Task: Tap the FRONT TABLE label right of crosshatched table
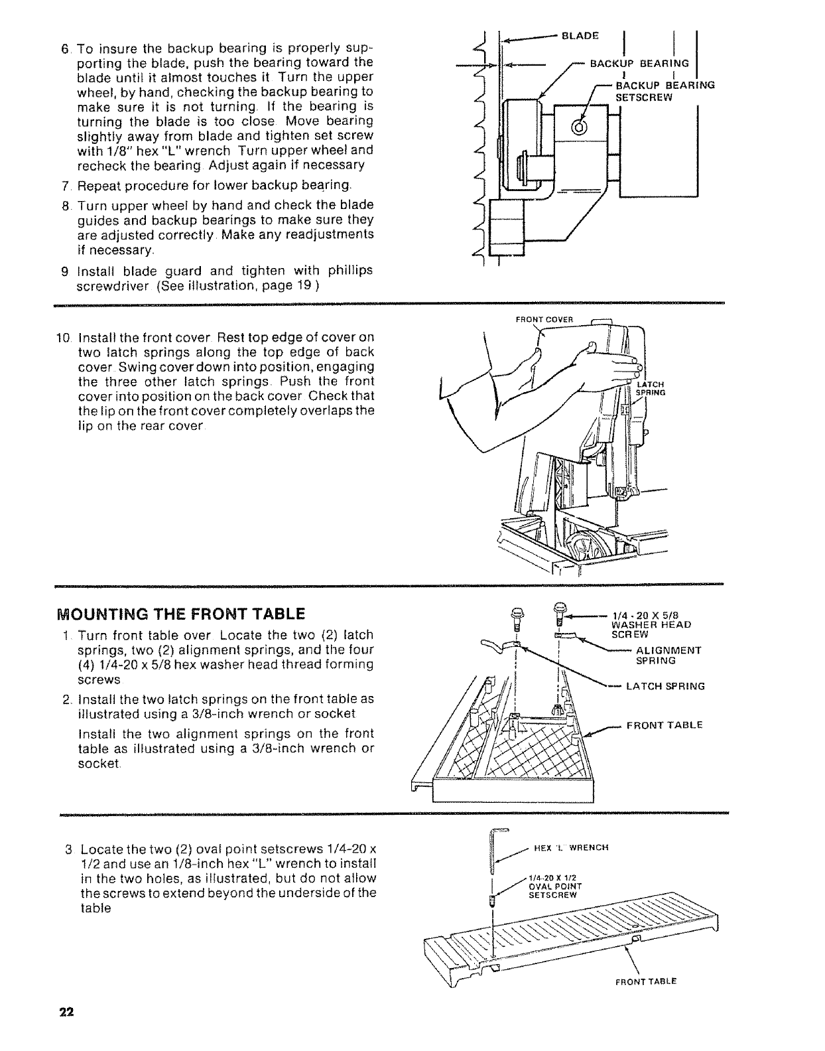pos(664,725)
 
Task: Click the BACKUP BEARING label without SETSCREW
pos(639,64)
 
